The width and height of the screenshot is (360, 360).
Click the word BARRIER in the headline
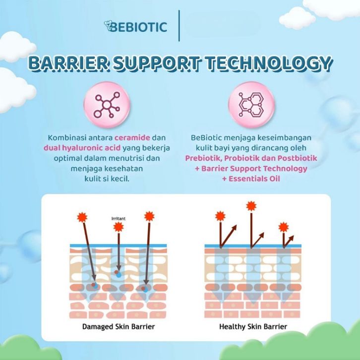[69, 63]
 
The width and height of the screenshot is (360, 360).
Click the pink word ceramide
[133, 137]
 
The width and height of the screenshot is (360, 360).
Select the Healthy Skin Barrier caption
[253, 327]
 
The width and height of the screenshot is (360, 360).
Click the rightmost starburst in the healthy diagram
[283, 227]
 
